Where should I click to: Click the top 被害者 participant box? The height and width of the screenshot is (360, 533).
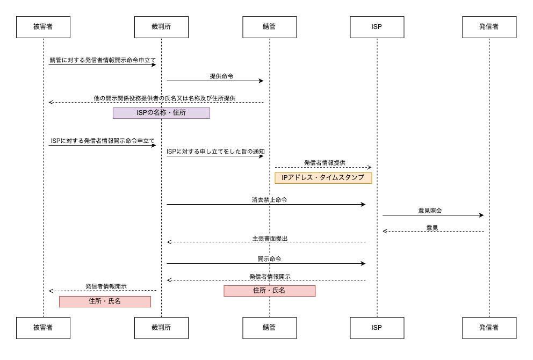[x=43, y=27]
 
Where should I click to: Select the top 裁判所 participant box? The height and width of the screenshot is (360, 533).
[x=161, y=27]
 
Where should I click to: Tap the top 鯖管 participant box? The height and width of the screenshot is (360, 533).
[x=269, y=27]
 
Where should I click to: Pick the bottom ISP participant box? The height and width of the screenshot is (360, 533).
[x=377, y=327]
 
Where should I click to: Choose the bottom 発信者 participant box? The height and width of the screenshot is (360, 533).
[x=489, y=327]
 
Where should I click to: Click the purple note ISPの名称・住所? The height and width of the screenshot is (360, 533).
[x=161, y=113]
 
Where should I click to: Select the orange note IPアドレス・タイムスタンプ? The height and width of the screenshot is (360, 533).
[x=323, y=177]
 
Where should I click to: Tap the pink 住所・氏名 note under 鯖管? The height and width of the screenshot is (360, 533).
[x=269, y=291]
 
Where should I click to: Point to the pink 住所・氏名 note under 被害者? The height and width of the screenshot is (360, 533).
[x=105, y=301]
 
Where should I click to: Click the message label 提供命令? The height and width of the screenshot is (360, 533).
[x=221, y=76]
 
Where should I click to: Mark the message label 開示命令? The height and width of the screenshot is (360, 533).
[x=269, y=258]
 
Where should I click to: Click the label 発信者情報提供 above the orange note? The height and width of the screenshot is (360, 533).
[x=325, y=162]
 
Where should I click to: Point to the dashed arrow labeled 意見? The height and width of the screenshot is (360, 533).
[x=433, y=232]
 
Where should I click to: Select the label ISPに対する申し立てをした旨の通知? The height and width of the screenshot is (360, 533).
[x=215, y=152]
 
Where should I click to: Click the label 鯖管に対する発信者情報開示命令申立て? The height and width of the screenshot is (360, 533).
[x=103, y=60]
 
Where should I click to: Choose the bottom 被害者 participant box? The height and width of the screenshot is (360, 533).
[x=43, y=327]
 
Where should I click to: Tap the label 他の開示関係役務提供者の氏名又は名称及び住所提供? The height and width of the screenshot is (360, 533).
[x=164, y=98]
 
